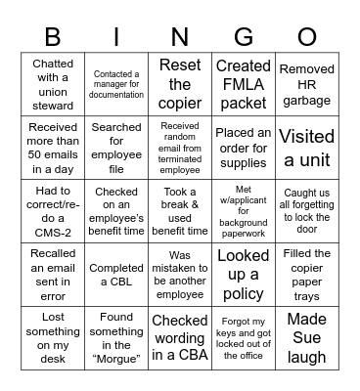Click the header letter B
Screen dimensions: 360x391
53,36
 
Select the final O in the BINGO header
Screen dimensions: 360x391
306,36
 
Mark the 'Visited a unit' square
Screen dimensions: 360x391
306,146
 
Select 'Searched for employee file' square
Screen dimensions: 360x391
116,146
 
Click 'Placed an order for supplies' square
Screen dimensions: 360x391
244,146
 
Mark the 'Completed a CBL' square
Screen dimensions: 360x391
116,273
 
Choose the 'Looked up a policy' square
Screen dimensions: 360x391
244,273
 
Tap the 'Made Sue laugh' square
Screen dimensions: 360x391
306,336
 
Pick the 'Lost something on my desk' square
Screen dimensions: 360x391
53,336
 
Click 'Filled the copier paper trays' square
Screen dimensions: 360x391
306,273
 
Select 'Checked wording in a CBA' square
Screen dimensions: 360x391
180,336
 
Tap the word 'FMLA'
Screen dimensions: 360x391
244,83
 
